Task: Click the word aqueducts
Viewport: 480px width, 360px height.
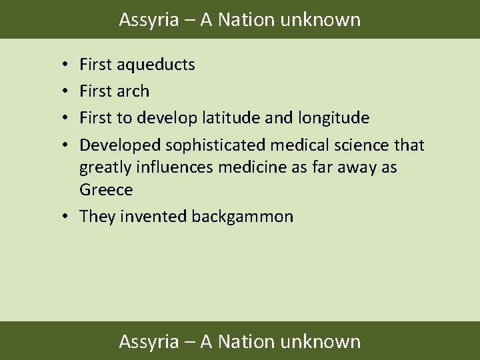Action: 155,65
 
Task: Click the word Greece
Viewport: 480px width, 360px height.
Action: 106,190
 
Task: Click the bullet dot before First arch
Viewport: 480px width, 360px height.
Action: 61,91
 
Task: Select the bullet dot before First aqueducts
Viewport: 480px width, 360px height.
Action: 61,65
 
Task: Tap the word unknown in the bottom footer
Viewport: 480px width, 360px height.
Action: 321,342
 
